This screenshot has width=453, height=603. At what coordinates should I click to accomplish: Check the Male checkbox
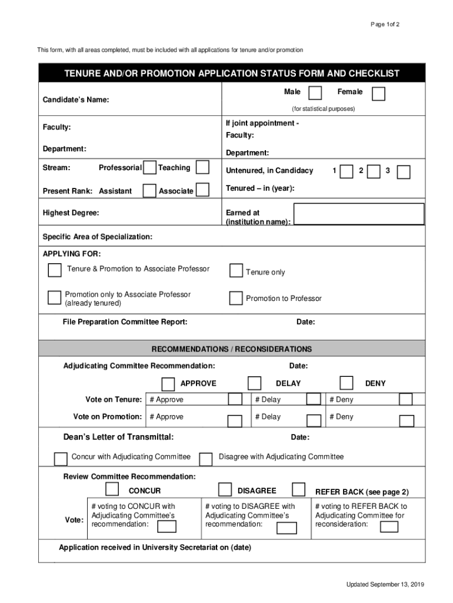click(315, 93)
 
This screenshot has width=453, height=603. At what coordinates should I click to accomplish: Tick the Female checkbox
click(379, 94)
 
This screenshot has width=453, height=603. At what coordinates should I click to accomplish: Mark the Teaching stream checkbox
click(202, 167)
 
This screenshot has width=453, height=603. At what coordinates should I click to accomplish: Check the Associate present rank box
click(202, 190)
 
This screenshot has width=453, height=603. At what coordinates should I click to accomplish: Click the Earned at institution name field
click(359, 214)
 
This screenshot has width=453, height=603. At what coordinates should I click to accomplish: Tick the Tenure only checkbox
click(236, 270)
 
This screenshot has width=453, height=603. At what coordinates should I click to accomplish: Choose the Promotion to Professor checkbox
click(236, 298)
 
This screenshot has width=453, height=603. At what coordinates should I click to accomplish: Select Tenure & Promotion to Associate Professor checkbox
click(55, 270)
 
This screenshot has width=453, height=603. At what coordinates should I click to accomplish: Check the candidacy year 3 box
click(404, 171)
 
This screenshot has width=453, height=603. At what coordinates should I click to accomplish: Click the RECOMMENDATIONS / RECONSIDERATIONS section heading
click(232, 349)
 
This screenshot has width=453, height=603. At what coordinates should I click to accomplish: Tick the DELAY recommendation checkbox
click(254, 383)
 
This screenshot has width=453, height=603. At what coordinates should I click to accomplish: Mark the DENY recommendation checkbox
click(347, 383)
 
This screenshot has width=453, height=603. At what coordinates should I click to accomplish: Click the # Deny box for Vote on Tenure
click(405, 400)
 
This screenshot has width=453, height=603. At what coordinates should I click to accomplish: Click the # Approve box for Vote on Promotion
click(235, 421)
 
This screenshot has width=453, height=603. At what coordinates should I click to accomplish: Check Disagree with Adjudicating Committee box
click(206, 459)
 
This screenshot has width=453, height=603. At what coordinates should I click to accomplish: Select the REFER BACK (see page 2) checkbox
click(299, 489)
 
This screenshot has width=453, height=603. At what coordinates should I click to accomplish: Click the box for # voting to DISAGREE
click(287, 527)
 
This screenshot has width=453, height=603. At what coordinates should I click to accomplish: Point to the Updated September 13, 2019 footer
click(385, 584)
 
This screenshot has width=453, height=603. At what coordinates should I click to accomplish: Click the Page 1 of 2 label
click(385, 24)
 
